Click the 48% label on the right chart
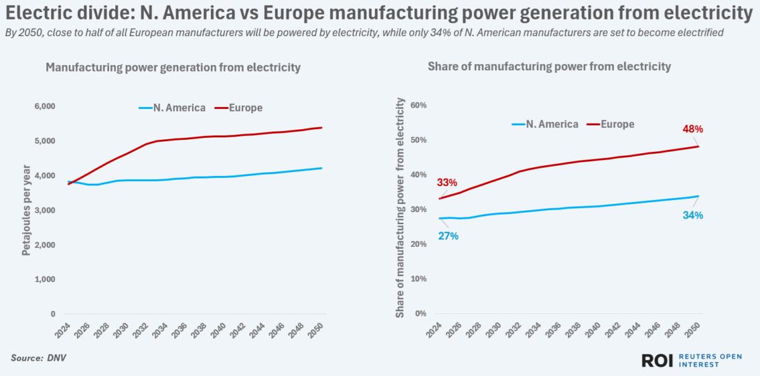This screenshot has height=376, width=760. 692,130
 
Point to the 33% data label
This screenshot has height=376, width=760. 446,184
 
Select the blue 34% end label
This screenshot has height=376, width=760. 692,215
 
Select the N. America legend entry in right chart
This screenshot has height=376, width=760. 545,124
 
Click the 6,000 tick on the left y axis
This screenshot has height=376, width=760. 44,106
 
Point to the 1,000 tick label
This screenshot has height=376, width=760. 44,279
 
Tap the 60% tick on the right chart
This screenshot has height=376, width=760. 420,104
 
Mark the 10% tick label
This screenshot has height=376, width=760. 420,279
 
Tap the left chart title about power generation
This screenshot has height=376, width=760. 173,67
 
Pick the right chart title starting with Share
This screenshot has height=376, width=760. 549,66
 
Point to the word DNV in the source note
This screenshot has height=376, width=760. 56,358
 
